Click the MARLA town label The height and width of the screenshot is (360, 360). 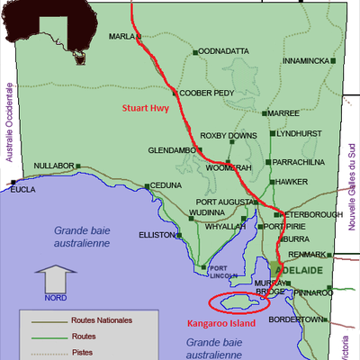120,37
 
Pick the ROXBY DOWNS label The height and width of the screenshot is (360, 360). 229,135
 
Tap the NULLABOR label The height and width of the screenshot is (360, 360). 53,166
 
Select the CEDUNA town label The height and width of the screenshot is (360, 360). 166,184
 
